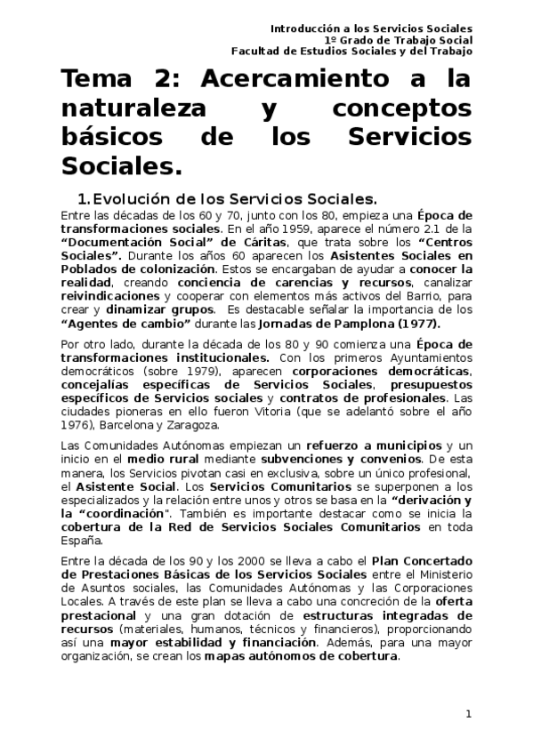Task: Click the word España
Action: click(x=81, y=540)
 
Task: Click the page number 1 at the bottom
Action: click(x=468, y=714)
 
